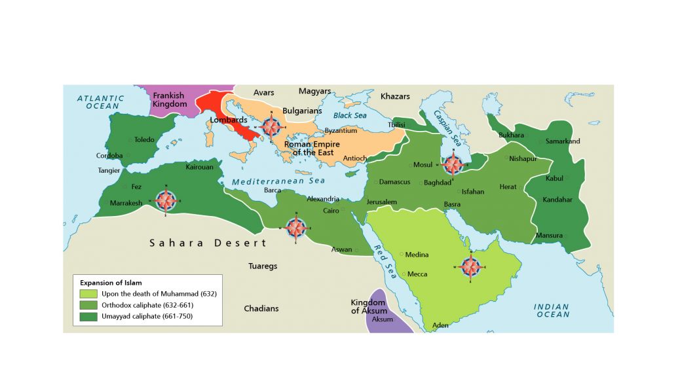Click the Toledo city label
144,140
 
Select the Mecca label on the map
417,274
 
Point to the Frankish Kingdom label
170,99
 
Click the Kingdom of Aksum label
368,306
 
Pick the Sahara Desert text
208,243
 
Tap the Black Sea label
350,115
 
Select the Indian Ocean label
552,310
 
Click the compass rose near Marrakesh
166,200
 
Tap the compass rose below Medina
470,266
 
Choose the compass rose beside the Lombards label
271,126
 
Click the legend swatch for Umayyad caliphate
88,317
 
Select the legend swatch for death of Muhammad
88,294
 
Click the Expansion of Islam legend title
111,283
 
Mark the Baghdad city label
438,183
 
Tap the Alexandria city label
324,199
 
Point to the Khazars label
395,96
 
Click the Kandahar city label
557,200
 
